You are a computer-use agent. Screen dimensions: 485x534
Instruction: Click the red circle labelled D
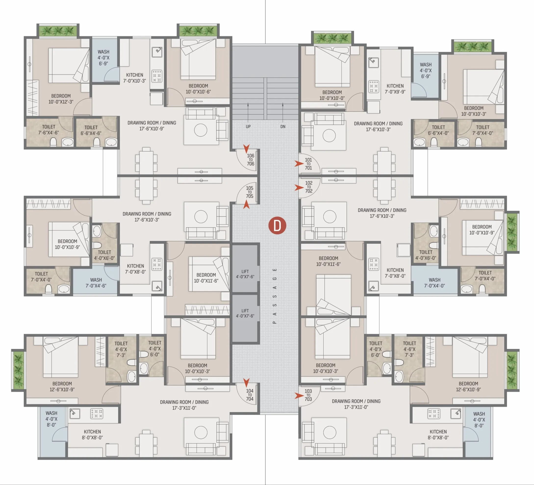tap(277, 225)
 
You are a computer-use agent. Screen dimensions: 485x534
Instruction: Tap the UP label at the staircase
tap(248, 126)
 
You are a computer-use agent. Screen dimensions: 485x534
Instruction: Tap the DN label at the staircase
tap(283, 126)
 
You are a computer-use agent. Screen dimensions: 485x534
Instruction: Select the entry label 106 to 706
tap(251, 160)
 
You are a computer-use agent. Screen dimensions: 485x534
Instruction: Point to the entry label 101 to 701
tap(308, 164)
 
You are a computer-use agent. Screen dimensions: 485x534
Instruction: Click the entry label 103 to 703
tap(308, 395)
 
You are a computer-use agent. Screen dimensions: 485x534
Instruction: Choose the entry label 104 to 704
tap(250, 395)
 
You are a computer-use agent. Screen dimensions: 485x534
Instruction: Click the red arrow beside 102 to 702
tap(299, 188)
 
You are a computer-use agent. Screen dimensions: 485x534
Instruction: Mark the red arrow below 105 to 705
tap(246, 204)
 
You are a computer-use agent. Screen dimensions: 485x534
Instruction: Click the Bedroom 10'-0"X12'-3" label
tap(61, 99)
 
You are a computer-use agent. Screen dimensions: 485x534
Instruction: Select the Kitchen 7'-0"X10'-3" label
tap(135, 78)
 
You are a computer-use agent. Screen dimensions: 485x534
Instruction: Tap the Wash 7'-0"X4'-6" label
tap(96, 283)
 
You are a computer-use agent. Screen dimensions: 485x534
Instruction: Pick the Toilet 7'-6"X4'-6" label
tap(49, 130)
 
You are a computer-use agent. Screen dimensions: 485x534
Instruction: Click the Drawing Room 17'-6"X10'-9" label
tap(152, 126)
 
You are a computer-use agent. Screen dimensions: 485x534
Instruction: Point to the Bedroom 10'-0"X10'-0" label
tap(332, 95)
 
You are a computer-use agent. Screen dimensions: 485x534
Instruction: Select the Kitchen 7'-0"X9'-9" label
tap(395, 89)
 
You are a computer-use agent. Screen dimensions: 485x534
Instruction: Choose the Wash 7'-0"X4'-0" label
tap(434, 283)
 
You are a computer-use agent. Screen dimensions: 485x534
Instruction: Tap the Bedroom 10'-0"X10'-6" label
tap(198, 89)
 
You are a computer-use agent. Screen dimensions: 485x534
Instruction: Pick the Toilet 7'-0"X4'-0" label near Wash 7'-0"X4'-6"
tap(41, 277)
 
